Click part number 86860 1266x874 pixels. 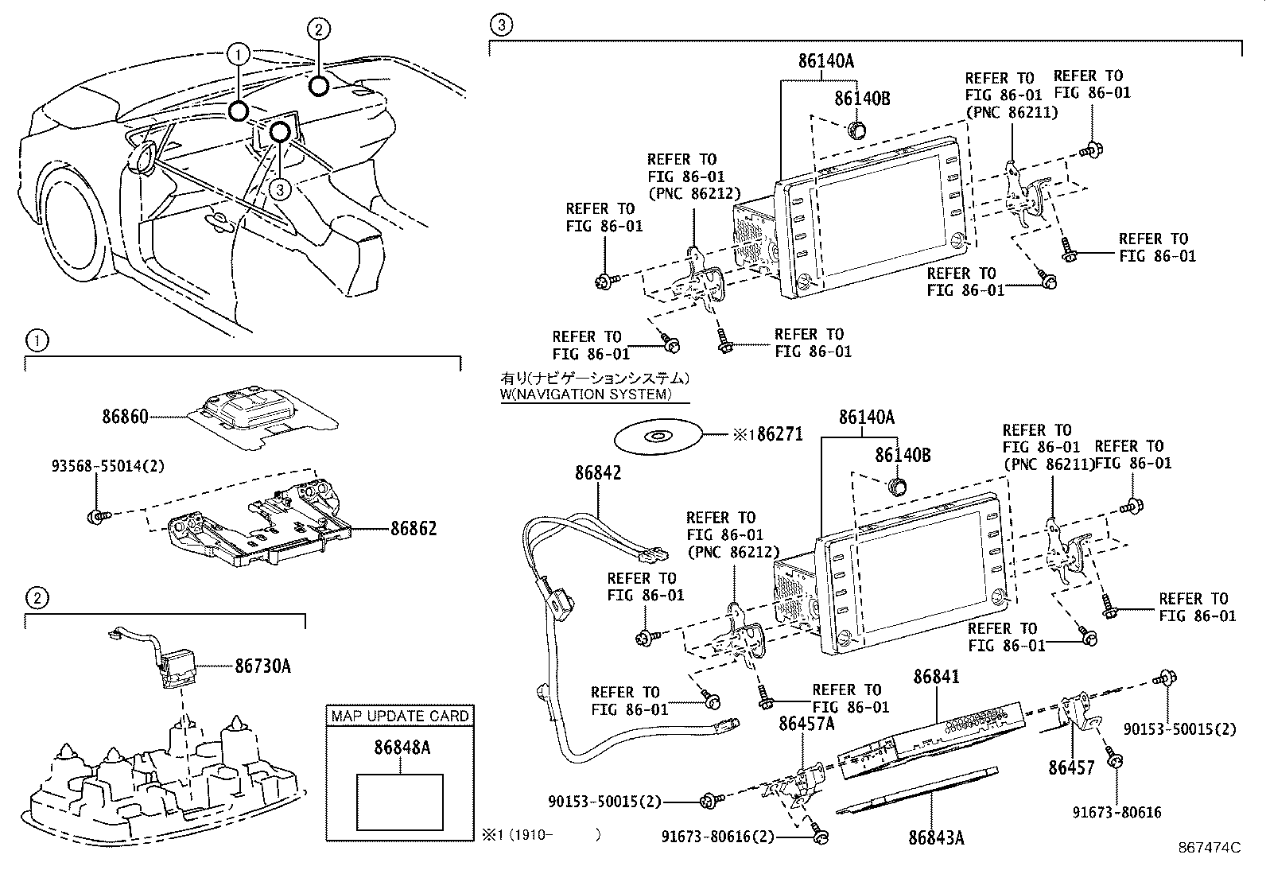tap(125, 416)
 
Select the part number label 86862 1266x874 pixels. tap(413, 529)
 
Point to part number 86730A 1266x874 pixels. tap(262, 666)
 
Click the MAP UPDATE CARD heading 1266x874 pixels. tap(400, 717)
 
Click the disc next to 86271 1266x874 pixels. tap(658, 436)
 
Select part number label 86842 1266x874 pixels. tap(598, 473)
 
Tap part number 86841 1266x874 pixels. tap(936, 677)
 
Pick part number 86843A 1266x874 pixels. tap(936, 837)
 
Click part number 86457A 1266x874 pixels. tap(806, 723)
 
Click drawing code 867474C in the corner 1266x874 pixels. tap(1210, 848)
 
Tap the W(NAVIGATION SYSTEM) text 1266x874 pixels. tap(586, 394)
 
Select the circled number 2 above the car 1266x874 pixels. tap(317, 29)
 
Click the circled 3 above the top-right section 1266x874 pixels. tap(499, 25)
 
